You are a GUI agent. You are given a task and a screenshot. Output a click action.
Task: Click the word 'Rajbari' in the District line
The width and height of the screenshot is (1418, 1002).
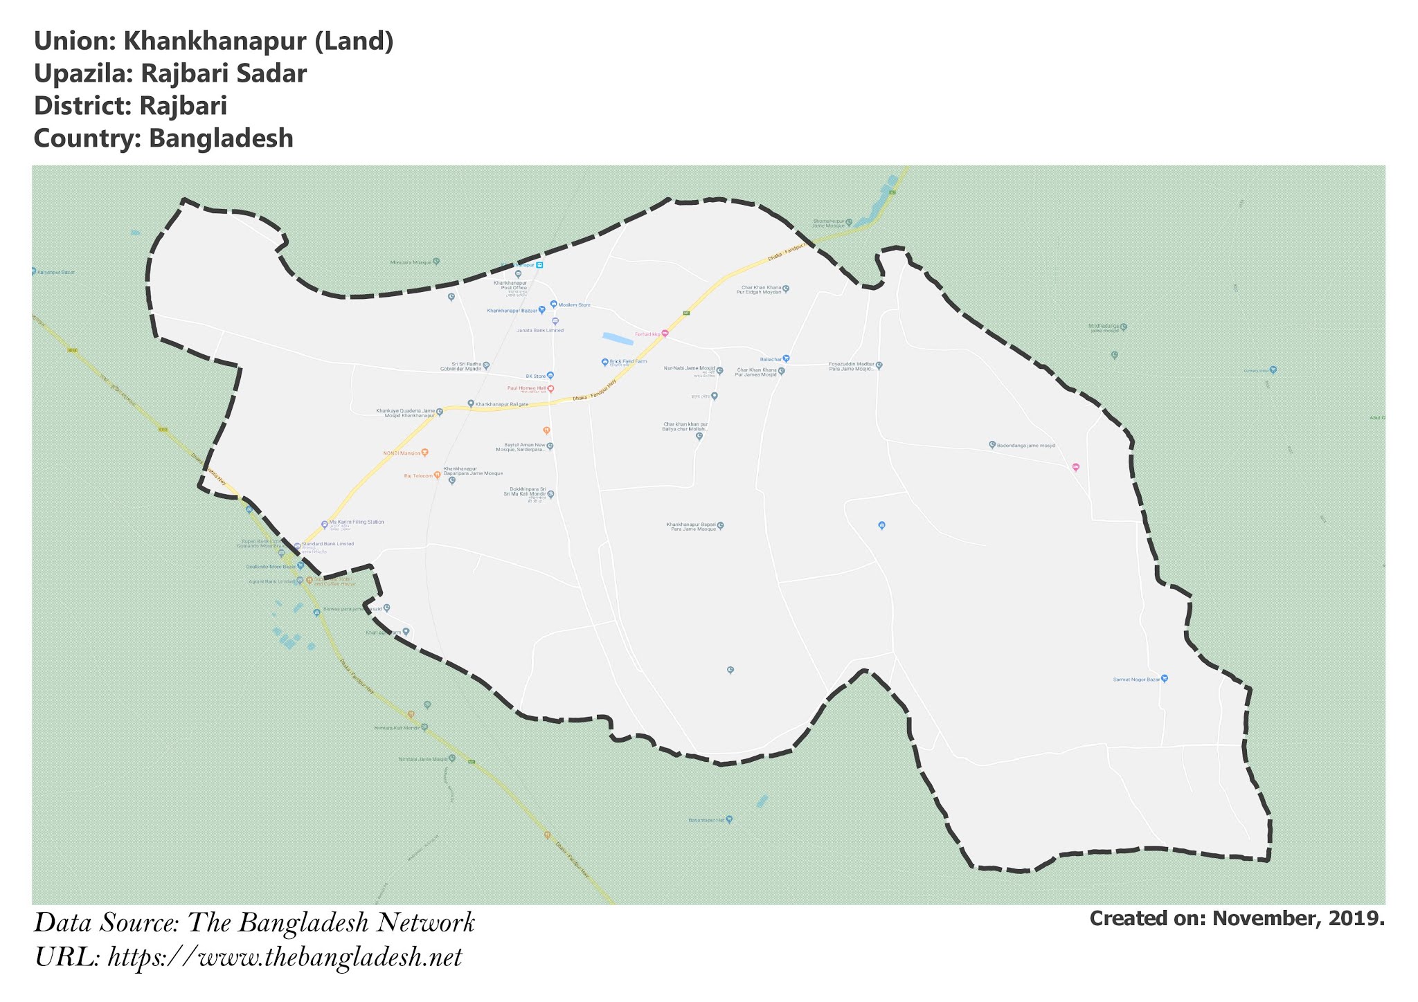tap(183, 106)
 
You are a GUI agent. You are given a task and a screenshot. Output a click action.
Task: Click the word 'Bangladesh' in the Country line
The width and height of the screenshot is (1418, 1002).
tap(221, 138)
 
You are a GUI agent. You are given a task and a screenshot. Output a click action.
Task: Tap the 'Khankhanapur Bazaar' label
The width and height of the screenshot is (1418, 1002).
tap(512, 311)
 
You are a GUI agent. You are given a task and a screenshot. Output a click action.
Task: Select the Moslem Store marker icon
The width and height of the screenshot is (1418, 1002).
tap(553, 304)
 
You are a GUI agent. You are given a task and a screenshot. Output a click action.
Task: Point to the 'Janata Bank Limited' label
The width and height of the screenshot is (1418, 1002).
tap(540, 331)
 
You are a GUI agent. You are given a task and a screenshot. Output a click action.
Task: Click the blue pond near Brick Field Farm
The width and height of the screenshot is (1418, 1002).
tap(618, 338)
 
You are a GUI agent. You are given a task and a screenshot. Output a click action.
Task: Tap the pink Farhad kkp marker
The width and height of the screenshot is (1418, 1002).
tap(665, 334)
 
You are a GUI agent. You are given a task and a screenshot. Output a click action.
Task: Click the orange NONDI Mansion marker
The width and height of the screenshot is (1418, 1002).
tap(424, 452)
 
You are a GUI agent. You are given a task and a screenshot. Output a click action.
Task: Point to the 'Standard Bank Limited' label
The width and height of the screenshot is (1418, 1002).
tap(327, 544)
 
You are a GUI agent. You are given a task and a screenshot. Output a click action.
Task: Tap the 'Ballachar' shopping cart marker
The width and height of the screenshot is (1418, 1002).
tap(786, 358)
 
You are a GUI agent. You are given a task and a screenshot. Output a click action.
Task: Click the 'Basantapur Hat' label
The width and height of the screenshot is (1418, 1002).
tap(706, 820)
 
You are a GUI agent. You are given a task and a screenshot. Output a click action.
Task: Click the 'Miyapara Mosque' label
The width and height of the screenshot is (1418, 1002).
tap(411, 262)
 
